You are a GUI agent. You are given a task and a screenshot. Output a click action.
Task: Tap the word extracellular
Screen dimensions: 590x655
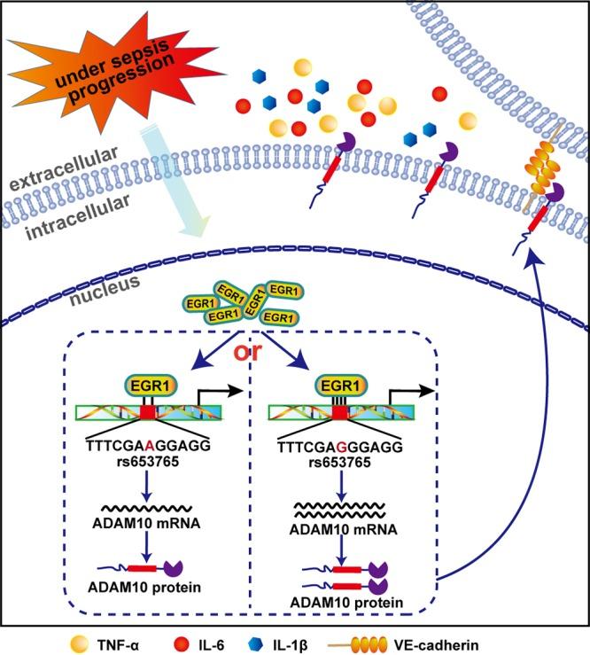(64, 169)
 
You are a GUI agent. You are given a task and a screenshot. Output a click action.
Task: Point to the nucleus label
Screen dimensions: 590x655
(105, 290)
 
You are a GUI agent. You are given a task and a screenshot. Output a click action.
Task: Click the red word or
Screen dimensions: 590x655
(247, 352)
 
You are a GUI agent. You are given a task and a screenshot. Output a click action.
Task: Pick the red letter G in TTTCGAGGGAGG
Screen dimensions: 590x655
(342, 448)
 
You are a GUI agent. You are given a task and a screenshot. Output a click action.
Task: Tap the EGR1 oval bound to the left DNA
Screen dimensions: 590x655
(151, 386)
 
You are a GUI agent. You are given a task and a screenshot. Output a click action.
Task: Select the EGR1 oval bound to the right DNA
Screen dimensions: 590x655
(341, 386)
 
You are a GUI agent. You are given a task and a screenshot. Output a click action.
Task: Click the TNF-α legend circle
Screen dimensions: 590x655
(80, 643)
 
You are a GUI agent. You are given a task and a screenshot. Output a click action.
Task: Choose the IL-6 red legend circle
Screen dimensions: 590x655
(182, 643)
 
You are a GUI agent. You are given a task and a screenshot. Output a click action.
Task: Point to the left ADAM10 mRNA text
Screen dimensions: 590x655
(146, 523)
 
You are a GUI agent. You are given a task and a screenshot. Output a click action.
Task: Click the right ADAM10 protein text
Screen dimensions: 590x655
(346, 603)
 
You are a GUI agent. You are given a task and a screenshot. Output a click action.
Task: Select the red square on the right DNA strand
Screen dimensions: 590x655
(340, 412)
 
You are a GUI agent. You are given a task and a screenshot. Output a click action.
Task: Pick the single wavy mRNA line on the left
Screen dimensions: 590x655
(147, 508)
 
